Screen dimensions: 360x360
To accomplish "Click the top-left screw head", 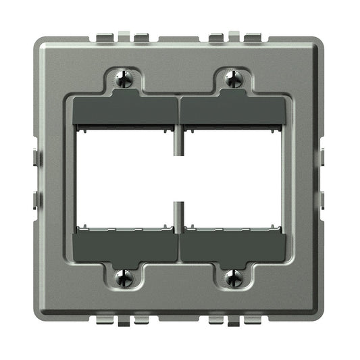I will pyautogui.click(x=125, y=78).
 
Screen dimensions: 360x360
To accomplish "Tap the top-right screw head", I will pyautogui.click(x=234, y=78).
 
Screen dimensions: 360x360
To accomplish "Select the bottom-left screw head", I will pyautogui.click(x=125, y=278).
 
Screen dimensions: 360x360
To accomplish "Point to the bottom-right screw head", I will pyautogui.click(x=234, y=278).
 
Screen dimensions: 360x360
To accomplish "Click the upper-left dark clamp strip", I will pyautogui.click(x=125, y=110).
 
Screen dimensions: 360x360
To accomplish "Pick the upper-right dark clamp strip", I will pyautogui.click(x=234, y=110).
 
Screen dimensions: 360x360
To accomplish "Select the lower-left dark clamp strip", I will pyautogui.click(x=125, y=247).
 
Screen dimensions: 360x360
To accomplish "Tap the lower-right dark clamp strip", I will pyautogui.click(x=234, y=247).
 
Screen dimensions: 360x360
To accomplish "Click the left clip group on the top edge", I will pyautogui.click(x=126, y=36).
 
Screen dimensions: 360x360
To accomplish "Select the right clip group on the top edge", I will pyautogui.click(x=234, y=36).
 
